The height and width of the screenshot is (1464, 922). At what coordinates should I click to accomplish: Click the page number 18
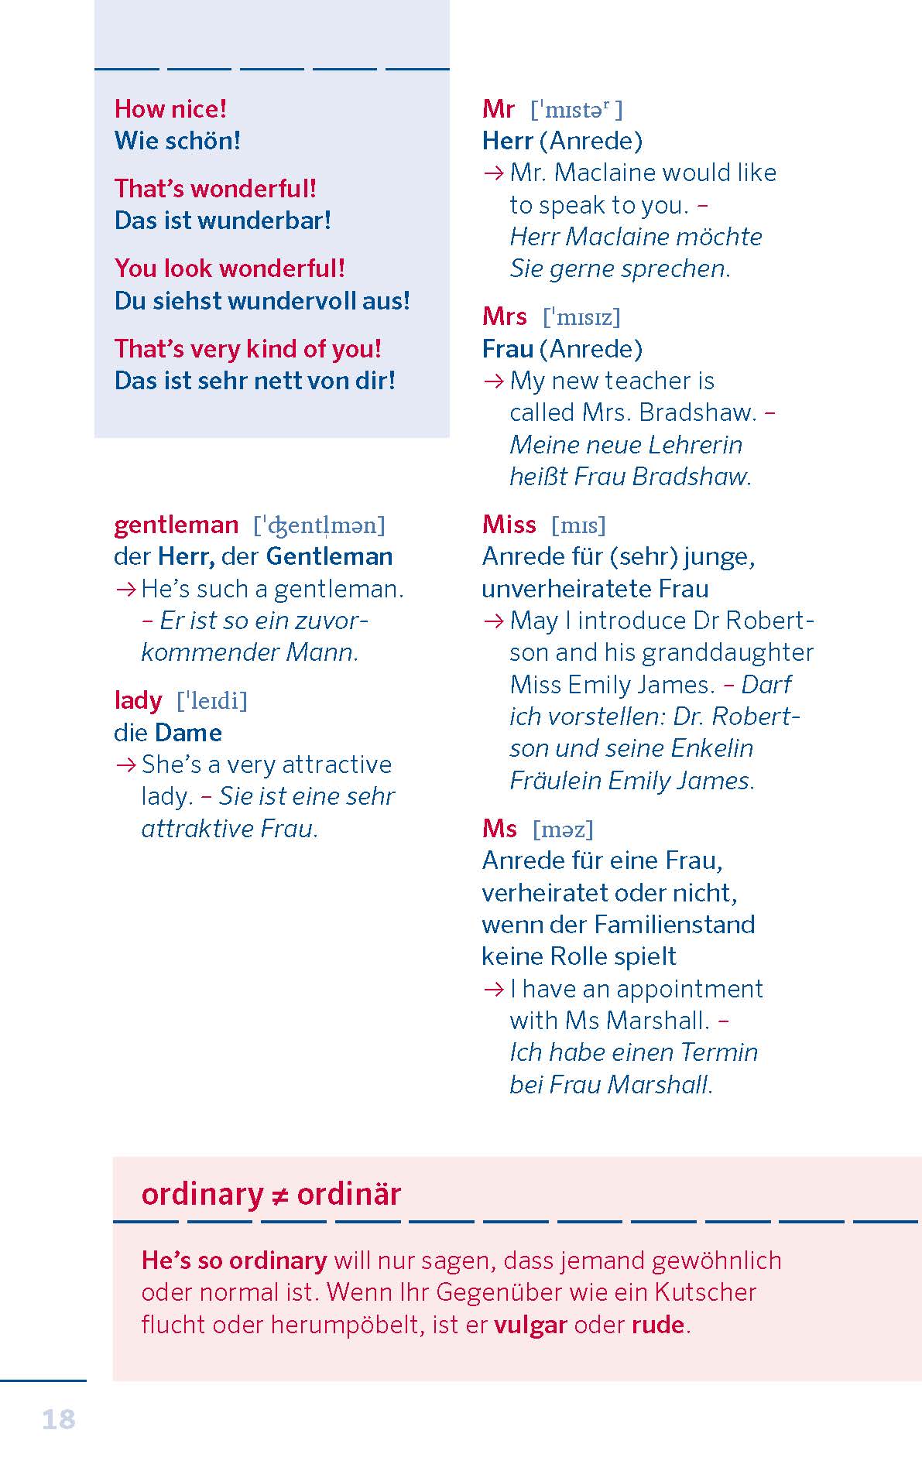pyautogui.click(x=58, y=1418)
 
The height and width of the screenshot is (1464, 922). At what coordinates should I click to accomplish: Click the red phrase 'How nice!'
pyautogui.click(x=170, y=108)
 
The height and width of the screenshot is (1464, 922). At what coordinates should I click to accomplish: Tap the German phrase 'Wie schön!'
pyautogui.click(x=177, y=141)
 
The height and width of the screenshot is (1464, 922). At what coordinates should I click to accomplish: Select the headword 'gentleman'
pyautogui.click(x=176, y=525)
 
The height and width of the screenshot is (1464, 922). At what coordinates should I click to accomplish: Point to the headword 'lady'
pyautogui.click(x=138, y=700)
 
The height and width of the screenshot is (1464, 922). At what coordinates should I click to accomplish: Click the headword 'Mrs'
pyautogui.click(x=504, y=316)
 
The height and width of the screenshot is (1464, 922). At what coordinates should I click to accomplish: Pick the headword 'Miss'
pyautogui.click(x=509, y=525)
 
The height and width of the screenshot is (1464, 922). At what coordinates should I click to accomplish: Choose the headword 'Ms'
pyautogui.click(x=499, y=829)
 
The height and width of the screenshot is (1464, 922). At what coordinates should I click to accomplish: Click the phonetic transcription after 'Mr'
pyautogui.click(x=576, y=110)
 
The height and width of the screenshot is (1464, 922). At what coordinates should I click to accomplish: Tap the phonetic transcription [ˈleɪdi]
pyautogui.click(x=212, y=701)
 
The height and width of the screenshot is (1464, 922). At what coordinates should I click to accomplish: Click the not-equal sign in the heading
pyautogui.click(x=279, y=1195)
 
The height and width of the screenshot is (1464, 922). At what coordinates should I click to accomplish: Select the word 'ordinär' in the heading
pyautogui.click(x=348, y=1194)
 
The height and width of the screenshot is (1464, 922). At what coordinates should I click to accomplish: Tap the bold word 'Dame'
pyautogui.click(x=188, y=732)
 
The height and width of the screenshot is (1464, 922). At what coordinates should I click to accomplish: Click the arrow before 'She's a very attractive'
pyautogui.click(x=125, y=764)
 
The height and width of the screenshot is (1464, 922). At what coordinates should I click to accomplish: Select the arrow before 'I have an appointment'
pyautogui.click(x=493, y=989)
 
